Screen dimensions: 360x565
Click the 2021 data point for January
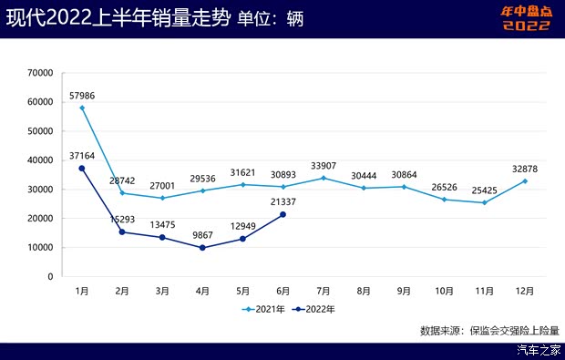(x=82, y=108)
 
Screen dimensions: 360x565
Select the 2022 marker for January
(x=82, y=169)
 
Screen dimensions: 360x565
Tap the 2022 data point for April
(x=202, y=248)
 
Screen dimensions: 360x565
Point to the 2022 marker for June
(x=282, y=214)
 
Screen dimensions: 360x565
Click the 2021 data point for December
(x=524, y=180)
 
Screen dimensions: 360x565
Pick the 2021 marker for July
(x=324, y=178)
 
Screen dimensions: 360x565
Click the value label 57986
(x=82, y=95)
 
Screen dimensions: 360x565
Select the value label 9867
(x=202, y=235)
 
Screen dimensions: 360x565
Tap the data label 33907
(x=324, y=165)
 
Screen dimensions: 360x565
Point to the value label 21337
(x=282, y=201)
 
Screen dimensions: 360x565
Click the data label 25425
(x=484, y=190)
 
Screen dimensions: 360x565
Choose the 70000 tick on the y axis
(x=40, y=73)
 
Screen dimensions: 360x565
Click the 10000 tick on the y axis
(x=40, y=247)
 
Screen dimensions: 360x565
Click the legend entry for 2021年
(x=263, y=310)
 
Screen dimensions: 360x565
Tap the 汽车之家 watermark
(x=537, y=350)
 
